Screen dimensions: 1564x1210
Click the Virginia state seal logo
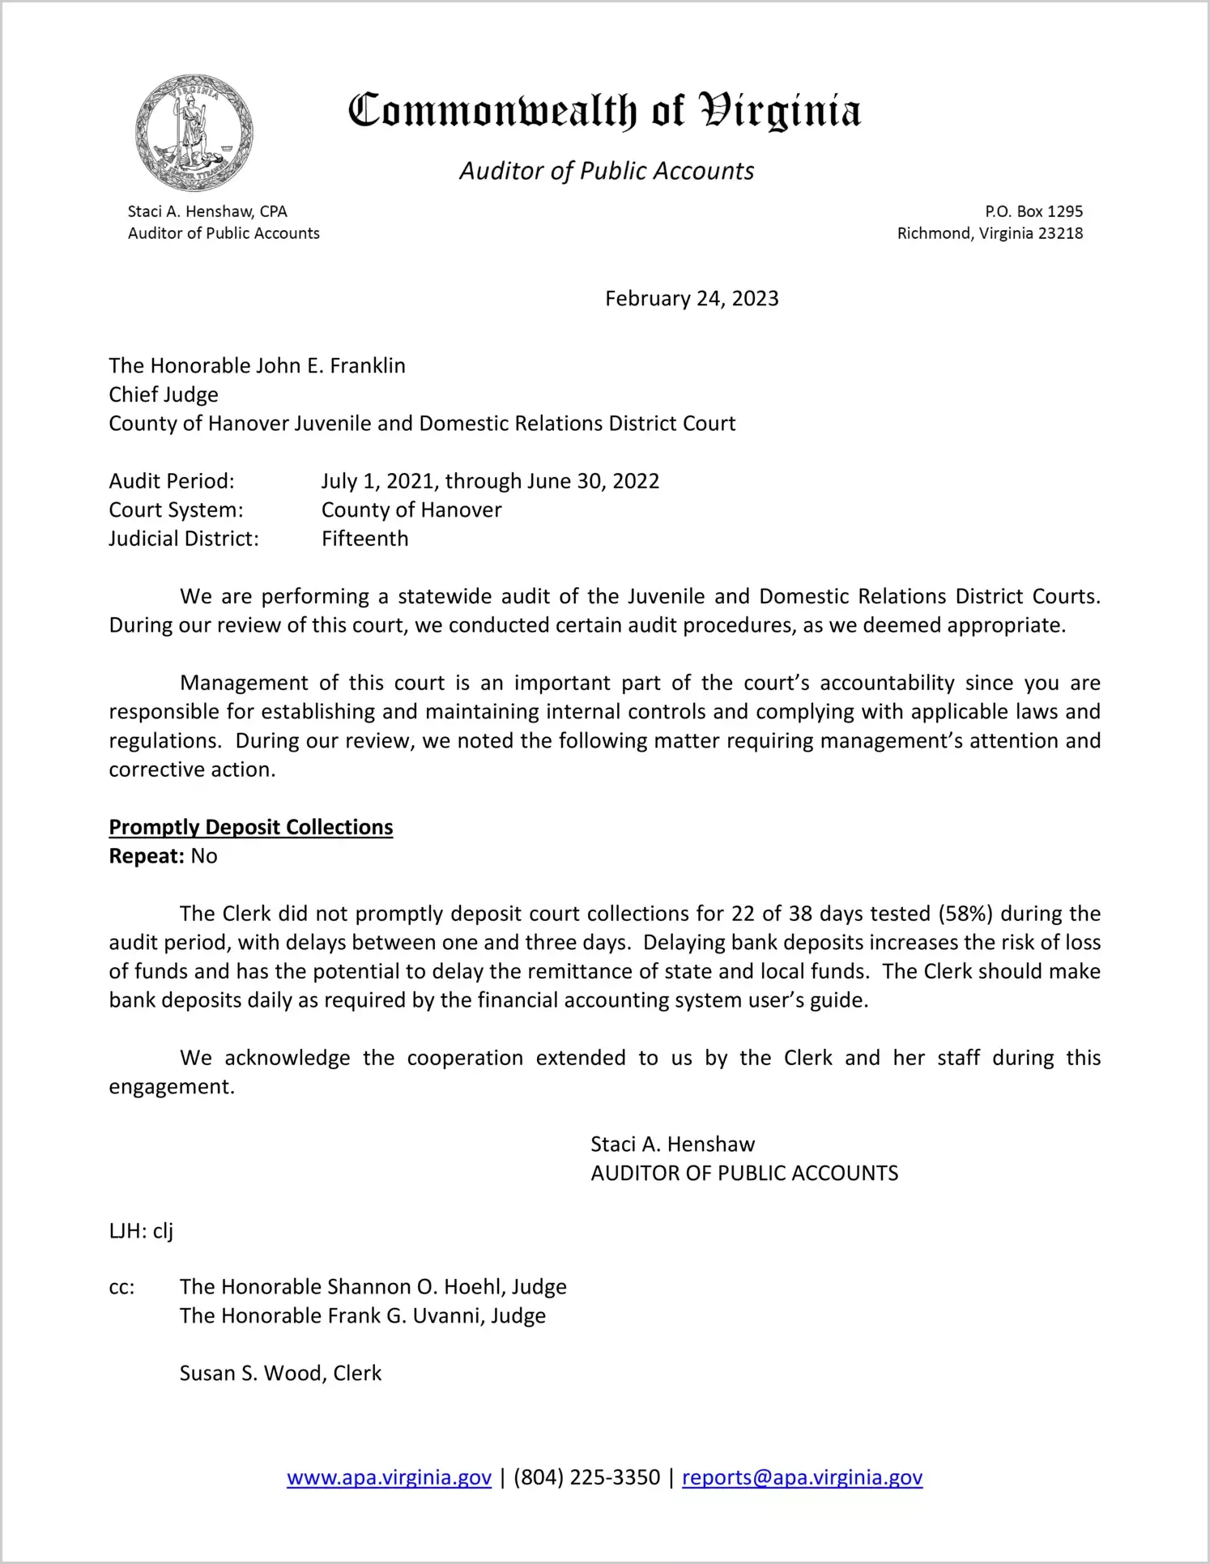[x=194, y=133]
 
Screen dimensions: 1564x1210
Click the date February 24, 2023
[x=692, y=299]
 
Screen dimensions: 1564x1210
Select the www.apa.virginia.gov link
[x=389, y=1477]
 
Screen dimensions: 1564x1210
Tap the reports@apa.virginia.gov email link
[x=802, y=1477]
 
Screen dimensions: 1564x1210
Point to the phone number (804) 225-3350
[x=586, y=1477]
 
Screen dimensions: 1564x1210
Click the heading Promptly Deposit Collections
[x=251, y=827]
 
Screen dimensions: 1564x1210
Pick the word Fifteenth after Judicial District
[x=364, y=539]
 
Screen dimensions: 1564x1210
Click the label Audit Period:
[x=172, y=481]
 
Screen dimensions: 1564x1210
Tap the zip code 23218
[x=1060, y=233]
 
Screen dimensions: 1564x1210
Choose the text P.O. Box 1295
[x=1033, y=211]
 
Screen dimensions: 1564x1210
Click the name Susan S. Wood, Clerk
[x=280, y=1373]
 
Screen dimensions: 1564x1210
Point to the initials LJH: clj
[x=141, y=1231]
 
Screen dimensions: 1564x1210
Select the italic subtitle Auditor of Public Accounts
[x=607, y=171]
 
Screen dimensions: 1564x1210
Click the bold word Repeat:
[x=147, y=856]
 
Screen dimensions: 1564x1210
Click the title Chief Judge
[x=164, y=394]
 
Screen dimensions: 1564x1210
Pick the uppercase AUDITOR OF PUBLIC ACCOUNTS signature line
[x=744, y=1174]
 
